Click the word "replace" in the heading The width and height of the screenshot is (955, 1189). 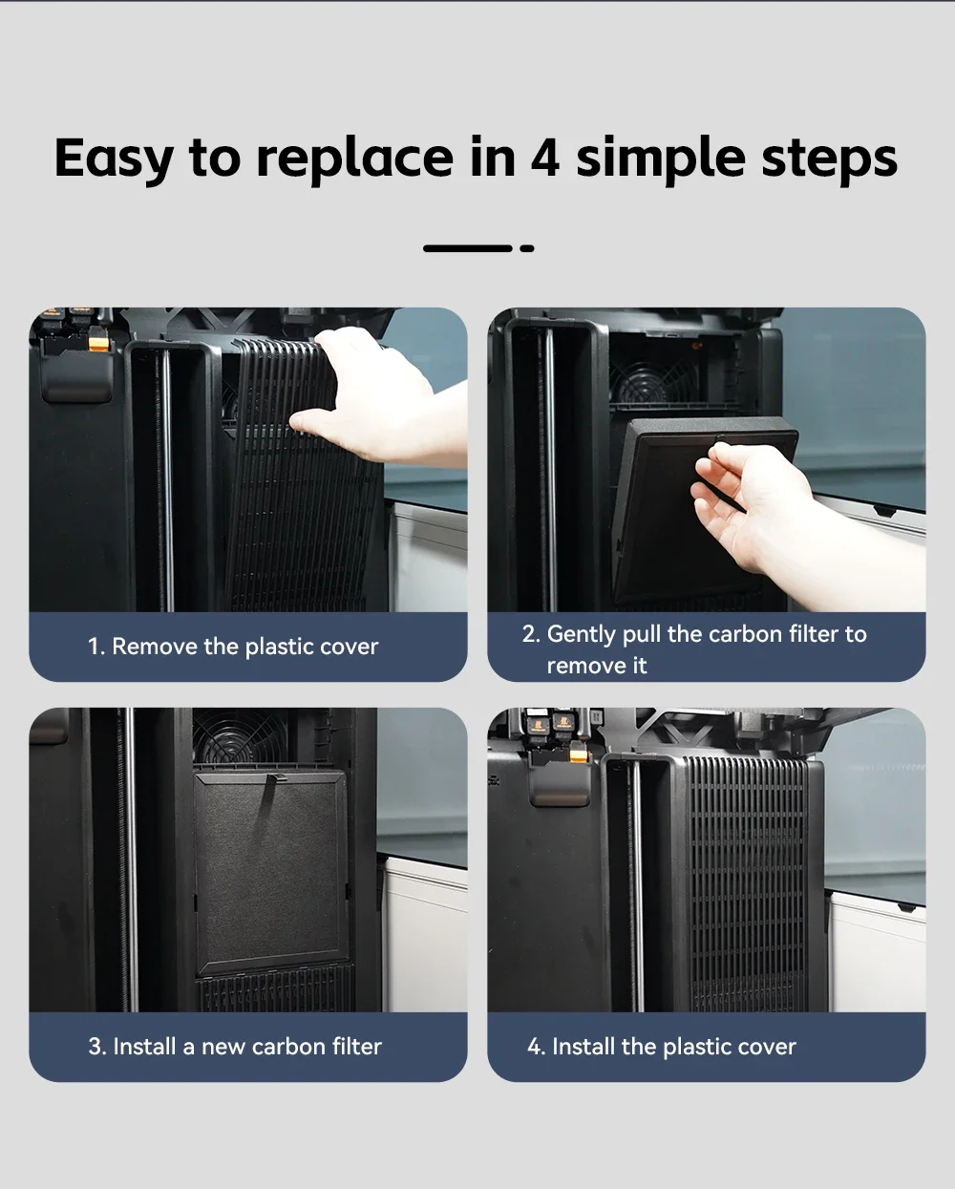click(x=355, y=159)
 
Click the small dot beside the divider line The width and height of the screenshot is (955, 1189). click(x=527, y=248)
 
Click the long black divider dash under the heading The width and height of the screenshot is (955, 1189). click(x=468, y=248)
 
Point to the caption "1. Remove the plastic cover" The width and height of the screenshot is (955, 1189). click(x=233, y=647)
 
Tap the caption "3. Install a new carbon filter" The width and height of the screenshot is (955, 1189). click(x=235, y=1047)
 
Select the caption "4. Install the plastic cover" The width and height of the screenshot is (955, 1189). click(x=662, y=1047)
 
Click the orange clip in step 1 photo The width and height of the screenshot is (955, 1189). click(x=99, y=344)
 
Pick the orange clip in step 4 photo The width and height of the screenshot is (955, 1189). click(x=578, y=755)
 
